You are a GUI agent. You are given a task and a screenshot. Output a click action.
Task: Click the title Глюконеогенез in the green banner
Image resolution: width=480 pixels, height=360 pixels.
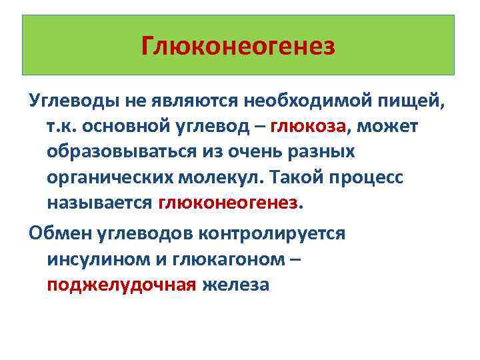pos(239,46)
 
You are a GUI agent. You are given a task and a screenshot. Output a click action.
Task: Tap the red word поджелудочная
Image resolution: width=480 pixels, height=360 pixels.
pos(121,285)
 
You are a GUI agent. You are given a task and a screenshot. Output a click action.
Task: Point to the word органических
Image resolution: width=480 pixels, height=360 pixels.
pos(111,177)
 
